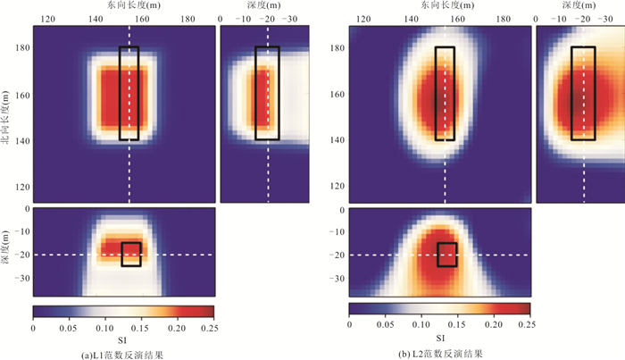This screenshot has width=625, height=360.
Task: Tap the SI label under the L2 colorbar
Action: point(440,339)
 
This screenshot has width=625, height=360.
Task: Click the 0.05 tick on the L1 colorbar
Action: point(69,327)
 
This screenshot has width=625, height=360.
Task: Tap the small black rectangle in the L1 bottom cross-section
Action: point(131,255)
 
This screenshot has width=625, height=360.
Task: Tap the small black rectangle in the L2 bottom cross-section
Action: point(447,255)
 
